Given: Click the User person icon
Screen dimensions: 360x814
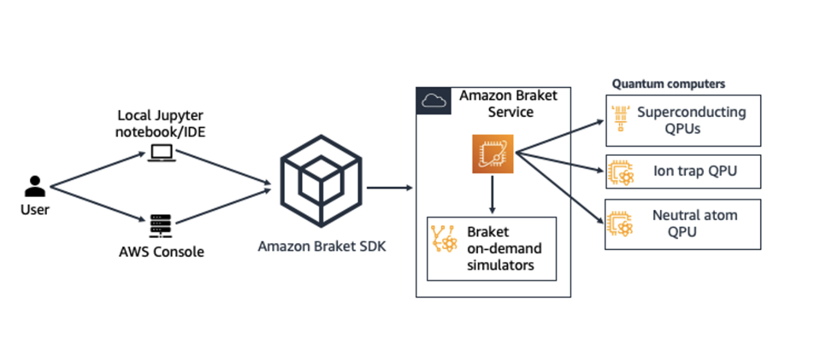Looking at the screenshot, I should [x=34, y=186].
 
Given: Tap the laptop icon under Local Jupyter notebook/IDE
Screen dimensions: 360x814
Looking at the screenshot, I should [x=162, y=152].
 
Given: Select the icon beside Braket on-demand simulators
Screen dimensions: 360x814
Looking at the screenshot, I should [x=445, y=239].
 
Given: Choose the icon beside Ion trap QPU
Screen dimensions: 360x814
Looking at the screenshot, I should [x=621, y=172].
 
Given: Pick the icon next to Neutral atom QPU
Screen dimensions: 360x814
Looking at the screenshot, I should [x=621, y=223].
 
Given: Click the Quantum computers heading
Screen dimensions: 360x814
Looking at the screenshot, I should [x=668, y=84].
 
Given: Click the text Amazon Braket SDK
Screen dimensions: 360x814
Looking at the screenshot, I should [x=322, y=246].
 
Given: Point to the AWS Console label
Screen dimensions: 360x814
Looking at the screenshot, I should [x=162, y=252].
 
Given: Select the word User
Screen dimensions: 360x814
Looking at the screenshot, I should [x=34, y=209].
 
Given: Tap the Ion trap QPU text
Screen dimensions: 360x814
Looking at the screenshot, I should [x=694, y=171].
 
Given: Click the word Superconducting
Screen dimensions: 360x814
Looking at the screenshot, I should [x=691, y=112].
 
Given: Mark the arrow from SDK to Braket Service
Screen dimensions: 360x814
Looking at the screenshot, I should [x=389, y=188].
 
